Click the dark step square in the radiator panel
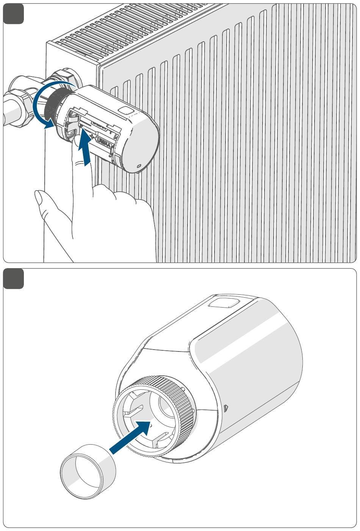pos(14,14)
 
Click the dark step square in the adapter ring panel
pos(14,279)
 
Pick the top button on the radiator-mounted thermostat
pos(125,110)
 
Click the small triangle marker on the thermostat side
pos(226,408)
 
